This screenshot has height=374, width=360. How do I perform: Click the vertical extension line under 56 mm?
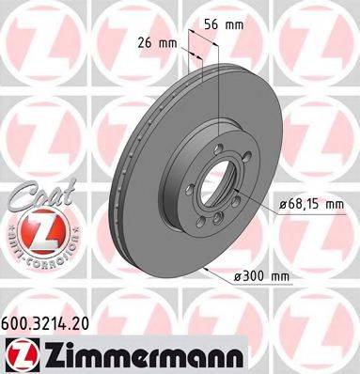[x=218, y=85]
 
